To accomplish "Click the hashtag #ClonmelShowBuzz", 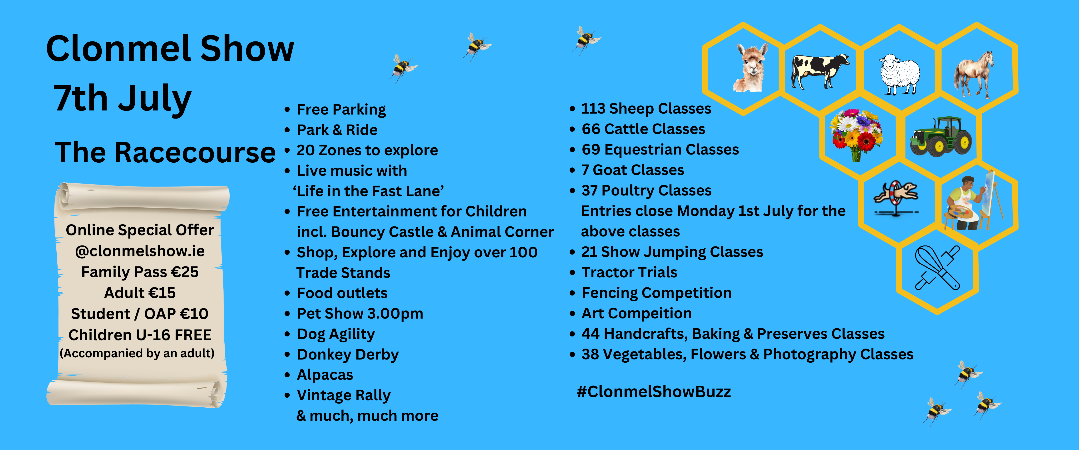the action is click(x=654, y=392).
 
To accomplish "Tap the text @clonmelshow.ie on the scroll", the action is click(x=140, y=251).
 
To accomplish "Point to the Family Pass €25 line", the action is click(x=140, y=272).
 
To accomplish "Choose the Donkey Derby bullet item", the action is click(x=348, y=355).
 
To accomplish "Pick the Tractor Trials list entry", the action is click(x=629, y=272).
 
